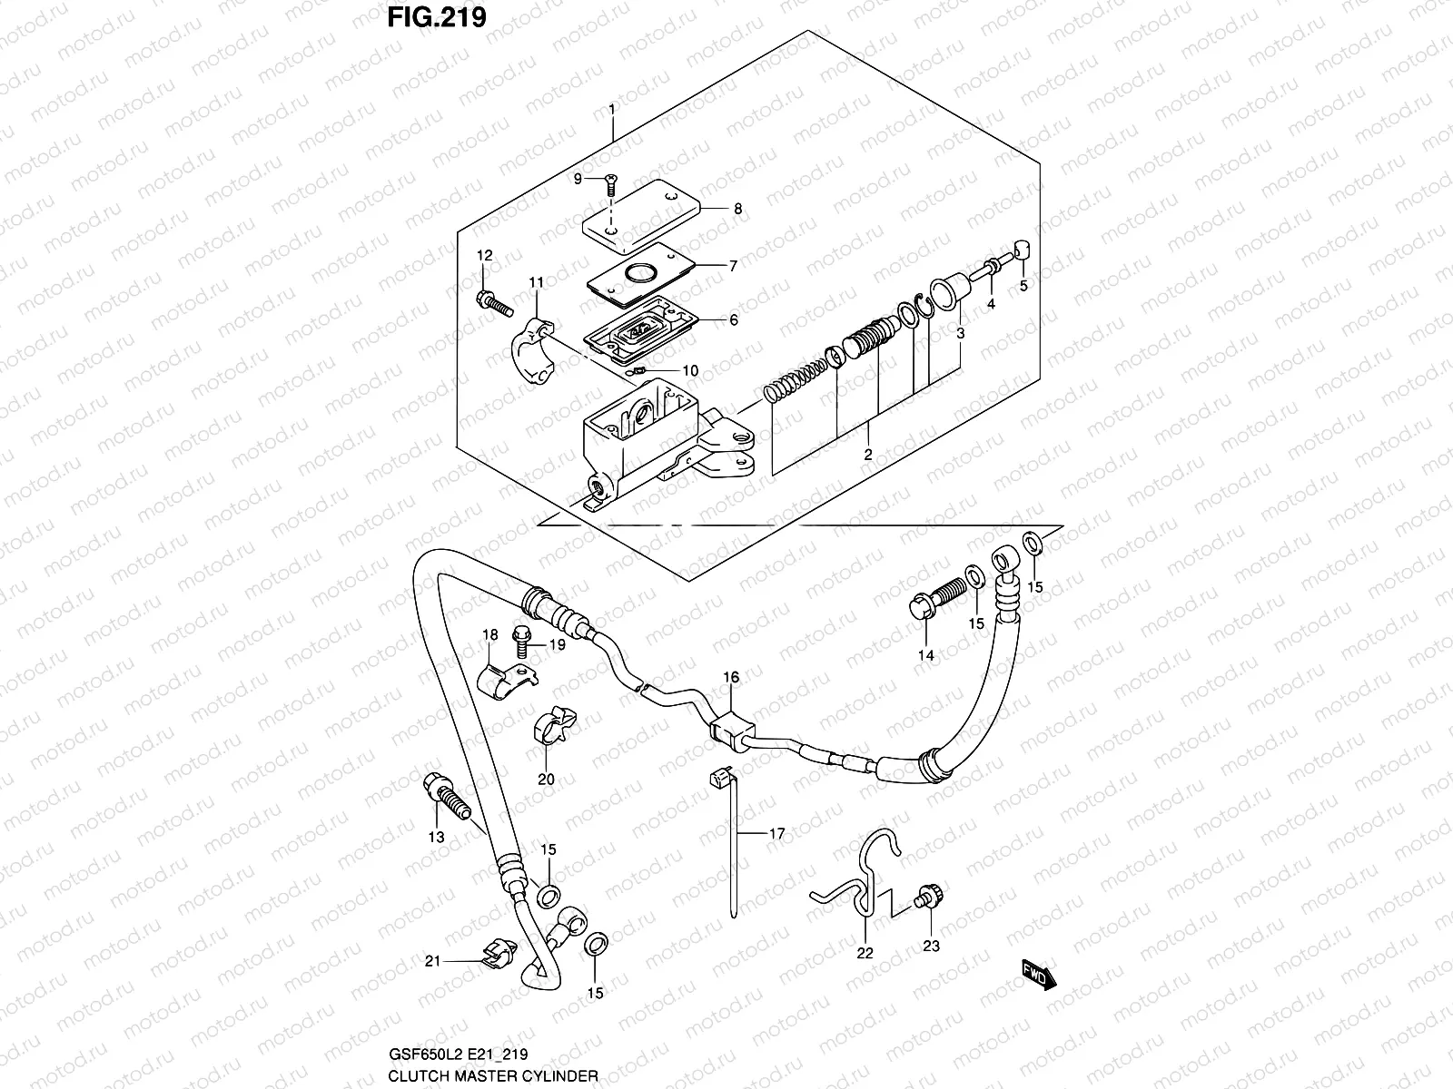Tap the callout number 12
click(484, 256)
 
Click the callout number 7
click(733, 266)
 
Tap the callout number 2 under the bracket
click(868, 455)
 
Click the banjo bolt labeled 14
click(936, 598)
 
